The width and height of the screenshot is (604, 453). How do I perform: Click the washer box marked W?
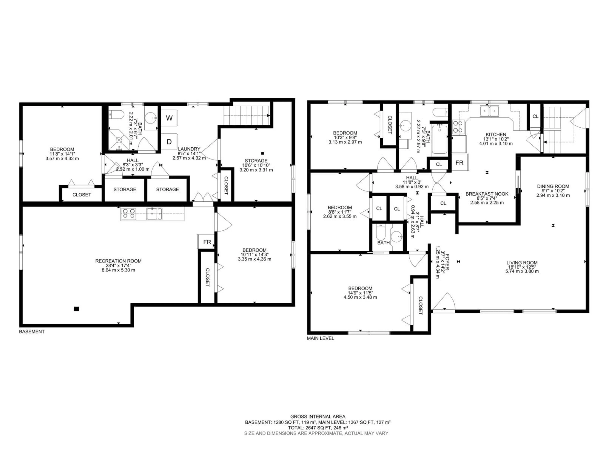point(169,118)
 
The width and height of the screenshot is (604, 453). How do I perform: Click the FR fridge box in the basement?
point(207,242)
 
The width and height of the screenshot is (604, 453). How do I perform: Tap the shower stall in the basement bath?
point(119,140)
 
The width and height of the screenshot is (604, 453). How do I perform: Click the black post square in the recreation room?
point(76,309)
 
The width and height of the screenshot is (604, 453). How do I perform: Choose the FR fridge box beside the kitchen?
point(460,163)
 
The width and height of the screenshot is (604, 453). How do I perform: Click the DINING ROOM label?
point(553,186)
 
